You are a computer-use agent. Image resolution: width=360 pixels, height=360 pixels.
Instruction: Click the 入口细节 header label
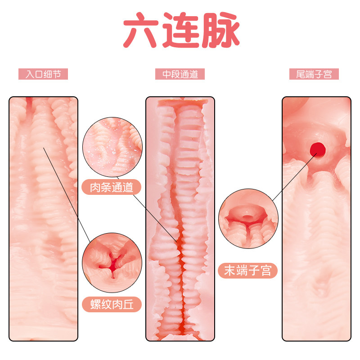click(x=43, y=74)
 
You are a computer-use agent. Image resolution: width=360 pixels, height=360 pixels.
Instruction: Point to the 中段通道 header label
click(x=180, y=74)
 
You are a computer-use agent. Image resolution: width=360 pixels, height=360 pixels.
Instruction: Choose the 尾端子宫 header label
click(x=314, y=74)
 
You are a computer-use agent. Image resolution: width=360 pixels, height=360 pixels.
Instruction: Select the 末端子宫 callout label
click(x=248, y=270)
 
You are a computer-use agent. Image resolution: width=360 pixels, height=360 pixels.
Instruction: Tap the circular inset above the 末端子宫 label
click(x=247, y=219)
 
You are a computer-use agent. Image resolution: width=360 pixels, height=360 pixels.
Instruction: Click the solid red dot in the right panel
click(x=318, y=147)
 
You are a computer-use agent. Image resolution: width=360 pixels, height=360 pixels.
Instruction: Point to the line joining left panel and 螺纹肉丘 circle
click(x=67, y=193)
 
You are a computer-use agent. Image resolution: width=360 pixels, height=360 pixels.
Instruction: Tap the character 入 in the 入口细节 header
click(x=29, y=74)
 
